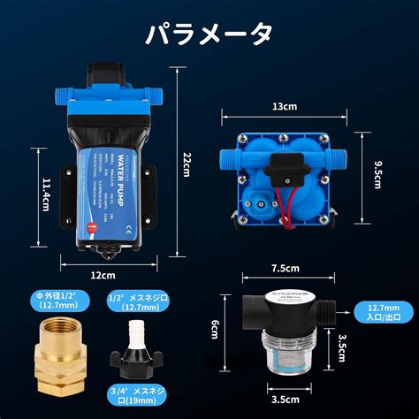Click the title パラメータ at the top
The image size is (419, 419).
209,34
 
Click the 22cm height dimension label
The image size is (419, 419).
187,164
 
